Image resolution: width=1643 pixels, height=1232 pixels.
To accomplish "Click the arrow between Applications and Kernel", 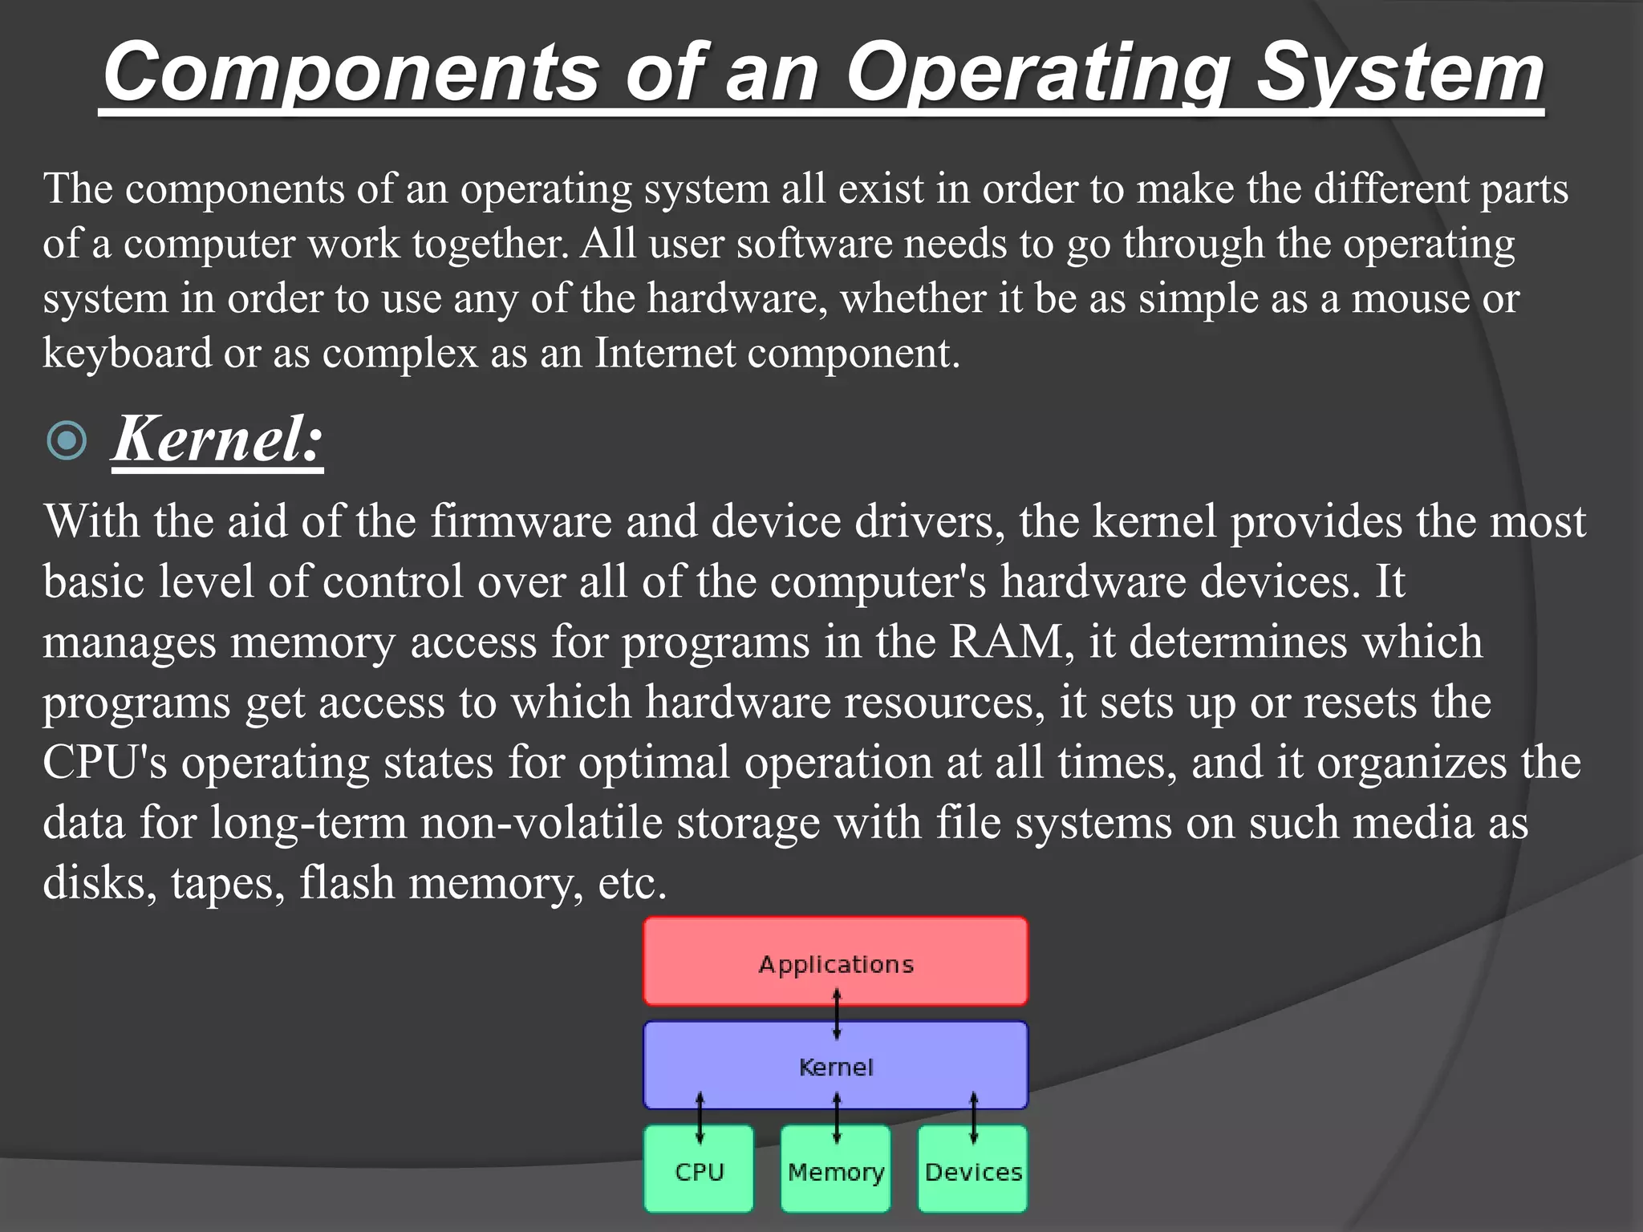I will click(x=837, y=1014).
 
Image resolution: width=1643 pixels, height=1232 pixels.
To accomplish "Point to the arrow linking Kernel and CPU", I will click(x=700, y=1117).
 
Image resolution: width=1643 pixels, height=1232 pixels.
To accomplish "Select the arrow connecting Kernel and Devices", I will click(x=974, y=1117).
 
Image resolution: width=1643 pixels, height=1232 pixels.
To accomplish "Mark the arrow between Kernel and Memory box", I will click(x=837, y=1117).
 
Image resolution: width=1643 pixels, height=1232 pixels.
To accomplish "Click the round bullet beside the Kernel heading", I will click(x=67, y=440).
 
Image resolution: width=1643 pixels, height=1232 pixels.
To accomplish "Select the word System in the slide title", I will click(x=1399, y=74).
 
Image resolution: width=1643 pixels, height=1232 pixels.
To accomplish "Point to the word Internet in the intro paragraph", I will click(x=664, y=353).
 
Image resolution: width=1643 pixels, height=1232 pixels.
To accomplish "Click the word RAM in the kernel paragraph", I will click(x=1007, y=642).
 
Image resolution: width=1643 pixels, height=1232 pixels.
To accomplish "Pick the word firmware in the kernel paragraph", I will click(x=521, y=521).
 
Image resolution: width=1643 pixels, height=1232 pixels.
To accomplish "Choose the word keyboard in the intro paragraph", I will click(x=127, y=353).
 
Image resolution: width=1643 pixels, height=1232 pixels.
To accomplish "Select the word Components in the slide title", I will click(x=351, y=74).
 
